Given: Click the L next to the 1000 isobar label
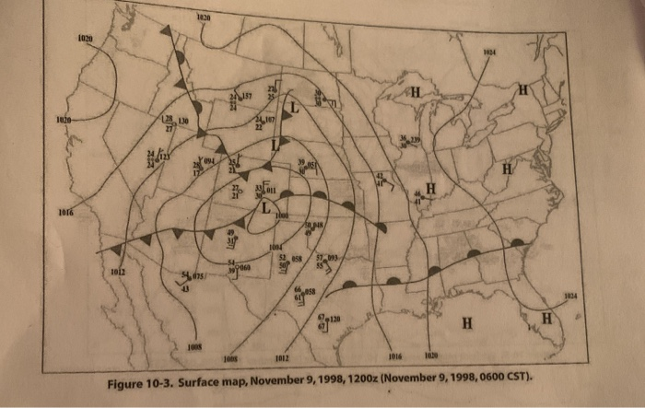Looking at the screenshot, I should [265, 209].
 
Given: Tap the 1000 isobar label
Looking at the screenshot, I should [282, 216].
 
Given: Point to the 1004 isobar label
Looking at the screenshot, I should [276, 248].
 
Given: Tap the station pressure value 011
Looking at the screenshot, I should [272, 190].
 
